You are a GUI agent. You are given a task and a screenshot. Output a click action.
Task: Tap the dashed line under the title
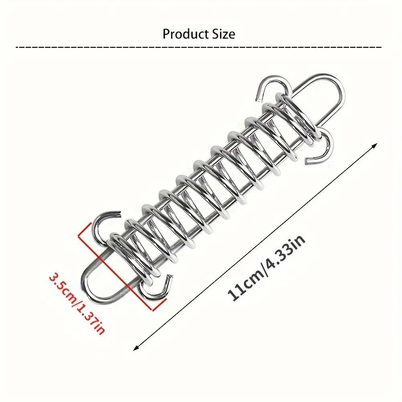tap(198, 47)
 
